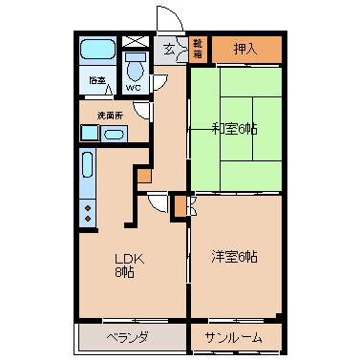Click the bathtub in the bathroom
point(97,49)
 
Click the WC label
point(133,88)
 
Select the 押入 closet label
point(245,49)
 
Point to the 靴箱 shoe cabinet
point(198,49)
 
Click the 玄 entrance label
point(169,50)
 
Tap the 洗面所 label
point(110,116)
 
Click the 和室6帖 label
point(235,129)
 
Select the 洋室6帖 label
point(235,257)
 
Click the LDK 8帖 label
point(128,265)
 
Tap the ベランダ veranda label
point(127,337)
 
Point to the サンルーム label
point(233,337)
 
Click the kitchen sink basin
point(88,164)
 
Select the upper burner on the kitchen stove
point(88,208)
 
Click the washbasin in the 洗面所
point(114,135)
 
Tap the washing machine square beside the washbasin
point(90,134)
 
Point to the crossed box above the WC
point(136,42)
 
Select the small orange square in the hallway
point(144,176)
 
